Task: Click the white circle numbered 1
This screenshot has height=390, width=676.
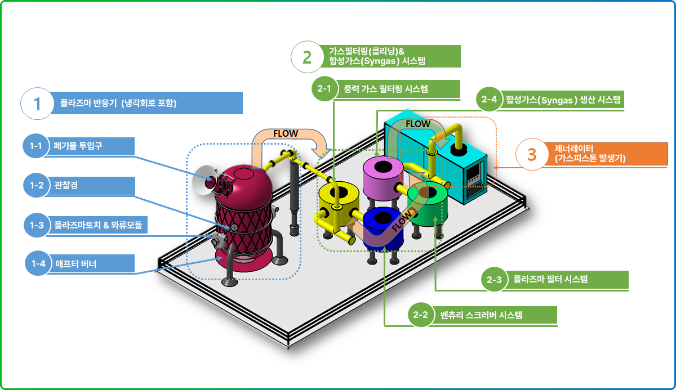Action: [x=37, y=104]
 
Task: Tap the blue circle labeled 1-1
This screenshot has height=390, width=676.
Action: [x=35, y=146]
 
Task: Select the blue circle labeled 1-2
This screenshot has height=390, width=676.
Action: [x=36, y=185]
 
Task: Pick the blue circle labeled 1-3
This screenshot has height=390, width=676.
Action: [x=37, y=225]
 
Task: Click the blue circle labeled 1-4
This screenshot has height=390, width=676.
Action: [x=38, y=263]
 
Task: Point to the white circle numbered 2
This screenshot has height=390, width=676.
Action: [x=307, y=57]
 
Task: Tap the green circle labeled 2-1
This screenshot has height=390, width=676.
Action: [x=324, y=88]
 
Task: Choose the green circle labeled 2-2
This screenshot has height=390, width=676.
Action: [x=421, y=315]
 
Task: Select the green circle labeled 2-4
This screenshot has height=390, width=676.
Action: [x=489, y=99]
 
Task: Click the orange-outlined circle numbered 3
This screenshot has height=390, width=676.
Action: [x=532, y=154]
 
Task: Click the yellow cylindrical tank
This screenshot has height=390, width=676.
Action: [x=339, y=204]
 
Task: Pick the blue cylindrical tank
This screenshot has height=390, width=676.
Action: [x=383, y=230]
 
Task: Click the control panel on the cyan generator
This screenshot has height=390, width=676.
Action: [x=474, y=180]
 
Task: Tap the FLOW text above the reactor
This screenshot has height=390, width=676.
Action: [x=286, y=133]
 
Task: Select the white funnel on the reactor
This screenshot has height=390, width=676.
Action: [x=203, y=180]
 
